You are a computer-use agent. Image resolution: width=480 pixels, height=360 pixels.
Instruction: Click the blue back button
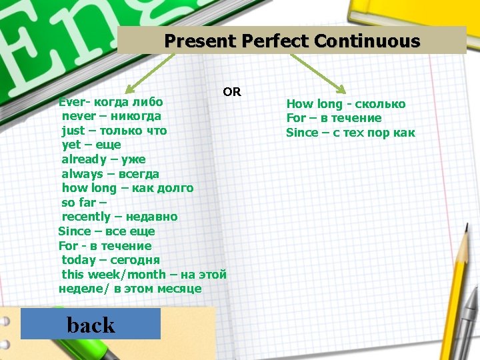pos(91,324)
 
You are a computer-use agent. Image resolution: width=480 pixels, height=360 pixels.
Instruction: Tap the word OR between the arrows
pos(232,92)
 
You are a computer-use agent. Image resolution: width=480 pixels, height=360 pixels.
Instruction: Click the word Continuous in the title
pos(367,41)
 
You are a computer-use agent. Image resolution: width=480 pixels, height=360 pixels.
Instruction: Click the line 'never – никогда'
pos(111,117)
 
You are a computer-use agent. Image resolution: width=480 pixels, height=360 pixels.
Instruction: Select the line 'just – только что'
pos(114,131)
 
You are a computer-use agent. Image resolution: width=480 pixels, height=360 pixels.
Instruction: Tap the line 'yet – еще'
pos(91,145)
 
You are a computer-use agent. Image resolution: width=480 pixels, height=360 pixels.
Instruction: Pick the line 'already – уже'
pos(103,159)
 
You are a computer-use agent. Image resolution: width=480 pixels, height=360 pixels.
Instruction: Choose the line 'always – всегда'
pos(110,174)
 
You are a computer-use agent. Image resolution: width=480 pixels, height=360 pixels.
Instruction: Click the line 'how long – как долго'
pos(127,188)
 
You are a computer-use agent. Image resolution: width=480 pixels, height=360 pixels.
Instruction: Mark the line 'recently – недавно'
pos(119,217)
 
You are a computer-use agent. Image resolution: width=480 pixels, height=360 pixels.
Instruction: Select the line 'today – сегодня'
pos(111,260)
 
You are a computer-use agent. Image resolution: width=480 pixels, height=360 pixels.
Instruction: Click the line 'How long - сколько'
pos(345,104)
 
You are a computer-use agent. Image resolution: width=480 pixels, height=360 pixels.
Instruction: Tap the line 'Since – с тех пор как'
pos(351,133)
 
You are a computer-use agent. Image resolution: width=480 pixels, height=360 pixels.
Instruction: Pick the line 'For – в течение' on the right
pos(334,118)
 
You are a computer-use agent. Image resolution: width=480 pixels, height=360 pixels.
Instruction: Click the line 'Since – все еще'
pos(107,231)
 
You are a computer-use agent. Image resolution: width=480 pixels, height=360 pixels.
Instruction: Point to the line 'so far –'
pos(84,203)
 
